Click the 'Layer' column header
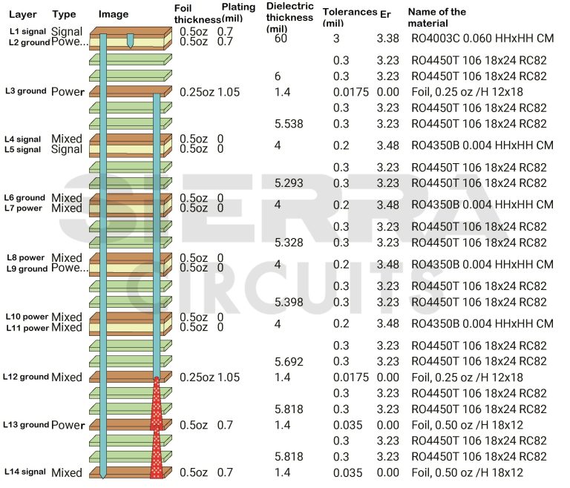(x=22, y=15)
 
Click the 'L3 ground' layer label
(x=26, y=91)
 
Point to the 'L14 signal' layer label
(x=26, y=472)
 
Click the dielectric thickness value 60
(x=280, y=39)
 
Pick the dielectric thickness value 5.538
(x=289, y=123)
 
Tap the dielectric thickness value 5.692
(x=289, y=361)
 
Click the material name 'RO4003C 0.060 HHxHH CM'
(x=482, y=39)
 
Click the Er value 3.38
(x=387, y=39)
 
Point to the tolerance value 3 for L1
(x=335, y=39)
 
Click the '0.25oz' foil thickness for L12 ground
(x=197, y=377)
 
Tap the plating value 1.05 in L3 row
(x=229, y=92)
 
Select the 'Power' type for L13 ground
(x=67, y=425)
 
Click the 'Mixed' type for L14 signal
(x=67, y=472)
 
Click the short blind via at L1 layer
(x=131, y=40)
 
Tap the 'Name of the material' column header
(x=436, y=18)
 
